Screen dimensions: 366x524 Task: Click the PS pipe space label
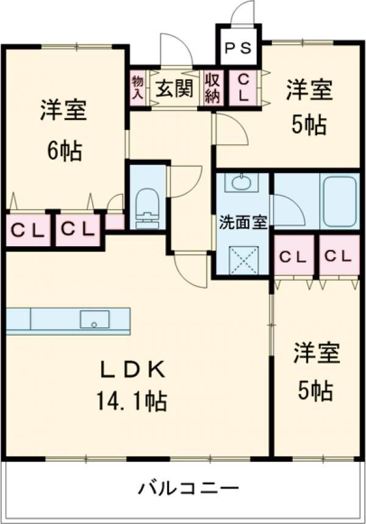pyautogui.click(x=238, y=49)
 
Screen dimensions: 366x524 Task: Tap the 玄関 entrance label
pyautogui.click(x=174, y=89)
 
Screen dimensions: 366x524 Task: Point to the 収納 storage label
pyautogui.click(x=212, y=88)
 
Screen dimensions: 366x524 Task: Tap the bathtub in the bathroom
pyautogui.click(x=340, y=201)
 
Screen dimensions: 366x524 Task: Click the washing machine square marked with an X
pyautogui.click(x=243, y=260)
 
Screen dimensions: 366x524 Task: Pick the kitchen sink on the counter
pyautogui.click(x=95, y=319)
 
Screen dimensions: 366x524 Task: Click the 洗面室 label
pyautogui.click(x=243, y=222)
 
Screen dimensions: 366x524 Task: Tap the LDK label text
pyautogui.click(x=133, y=370)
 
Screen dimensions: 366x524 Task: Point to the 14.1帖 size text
pyautogui.click(x=132, y=400)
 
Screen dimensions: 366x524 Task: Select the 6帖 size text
pyautogui.click(x=64, y=150)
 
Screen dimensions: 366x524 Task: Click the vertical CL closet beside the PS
pyautogui.click(x=243, y=88)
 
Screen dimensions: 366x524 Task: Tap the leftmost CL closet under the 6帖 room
pyautogui.click(x=28, y=230)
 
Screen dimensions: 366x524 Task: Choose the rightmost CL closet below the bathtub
pyautogui.click(x=339, y=257)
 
